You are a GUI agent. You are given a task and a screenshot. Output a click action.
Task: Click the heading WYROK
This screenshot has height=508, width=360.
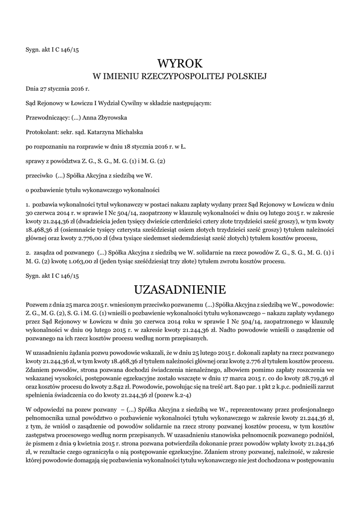180,63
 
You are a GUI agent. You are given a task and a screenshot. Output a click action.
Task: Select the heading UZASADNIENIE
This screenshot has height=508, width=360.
180,289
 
